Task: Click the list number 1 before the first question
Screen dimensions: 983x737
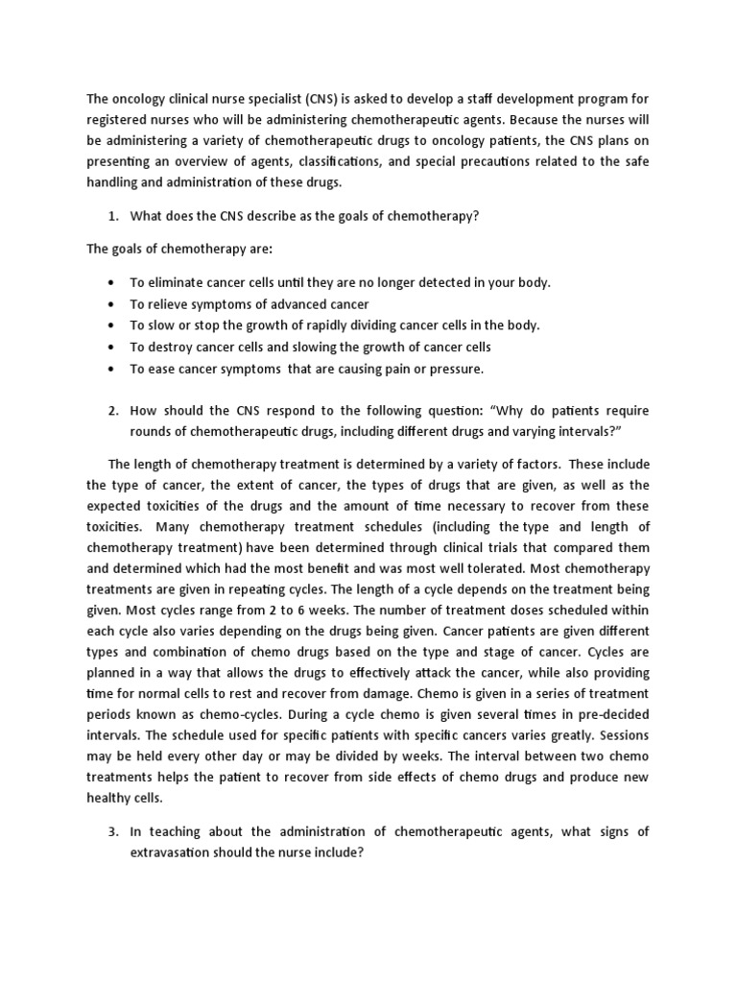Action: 113,216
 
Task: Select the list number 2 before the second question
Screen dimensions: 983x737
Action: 113,410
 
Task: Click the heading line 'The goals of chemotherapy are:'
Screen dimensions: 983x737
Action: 179,249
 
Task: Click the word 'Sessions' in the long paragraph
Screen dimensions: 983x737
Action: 621,734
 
